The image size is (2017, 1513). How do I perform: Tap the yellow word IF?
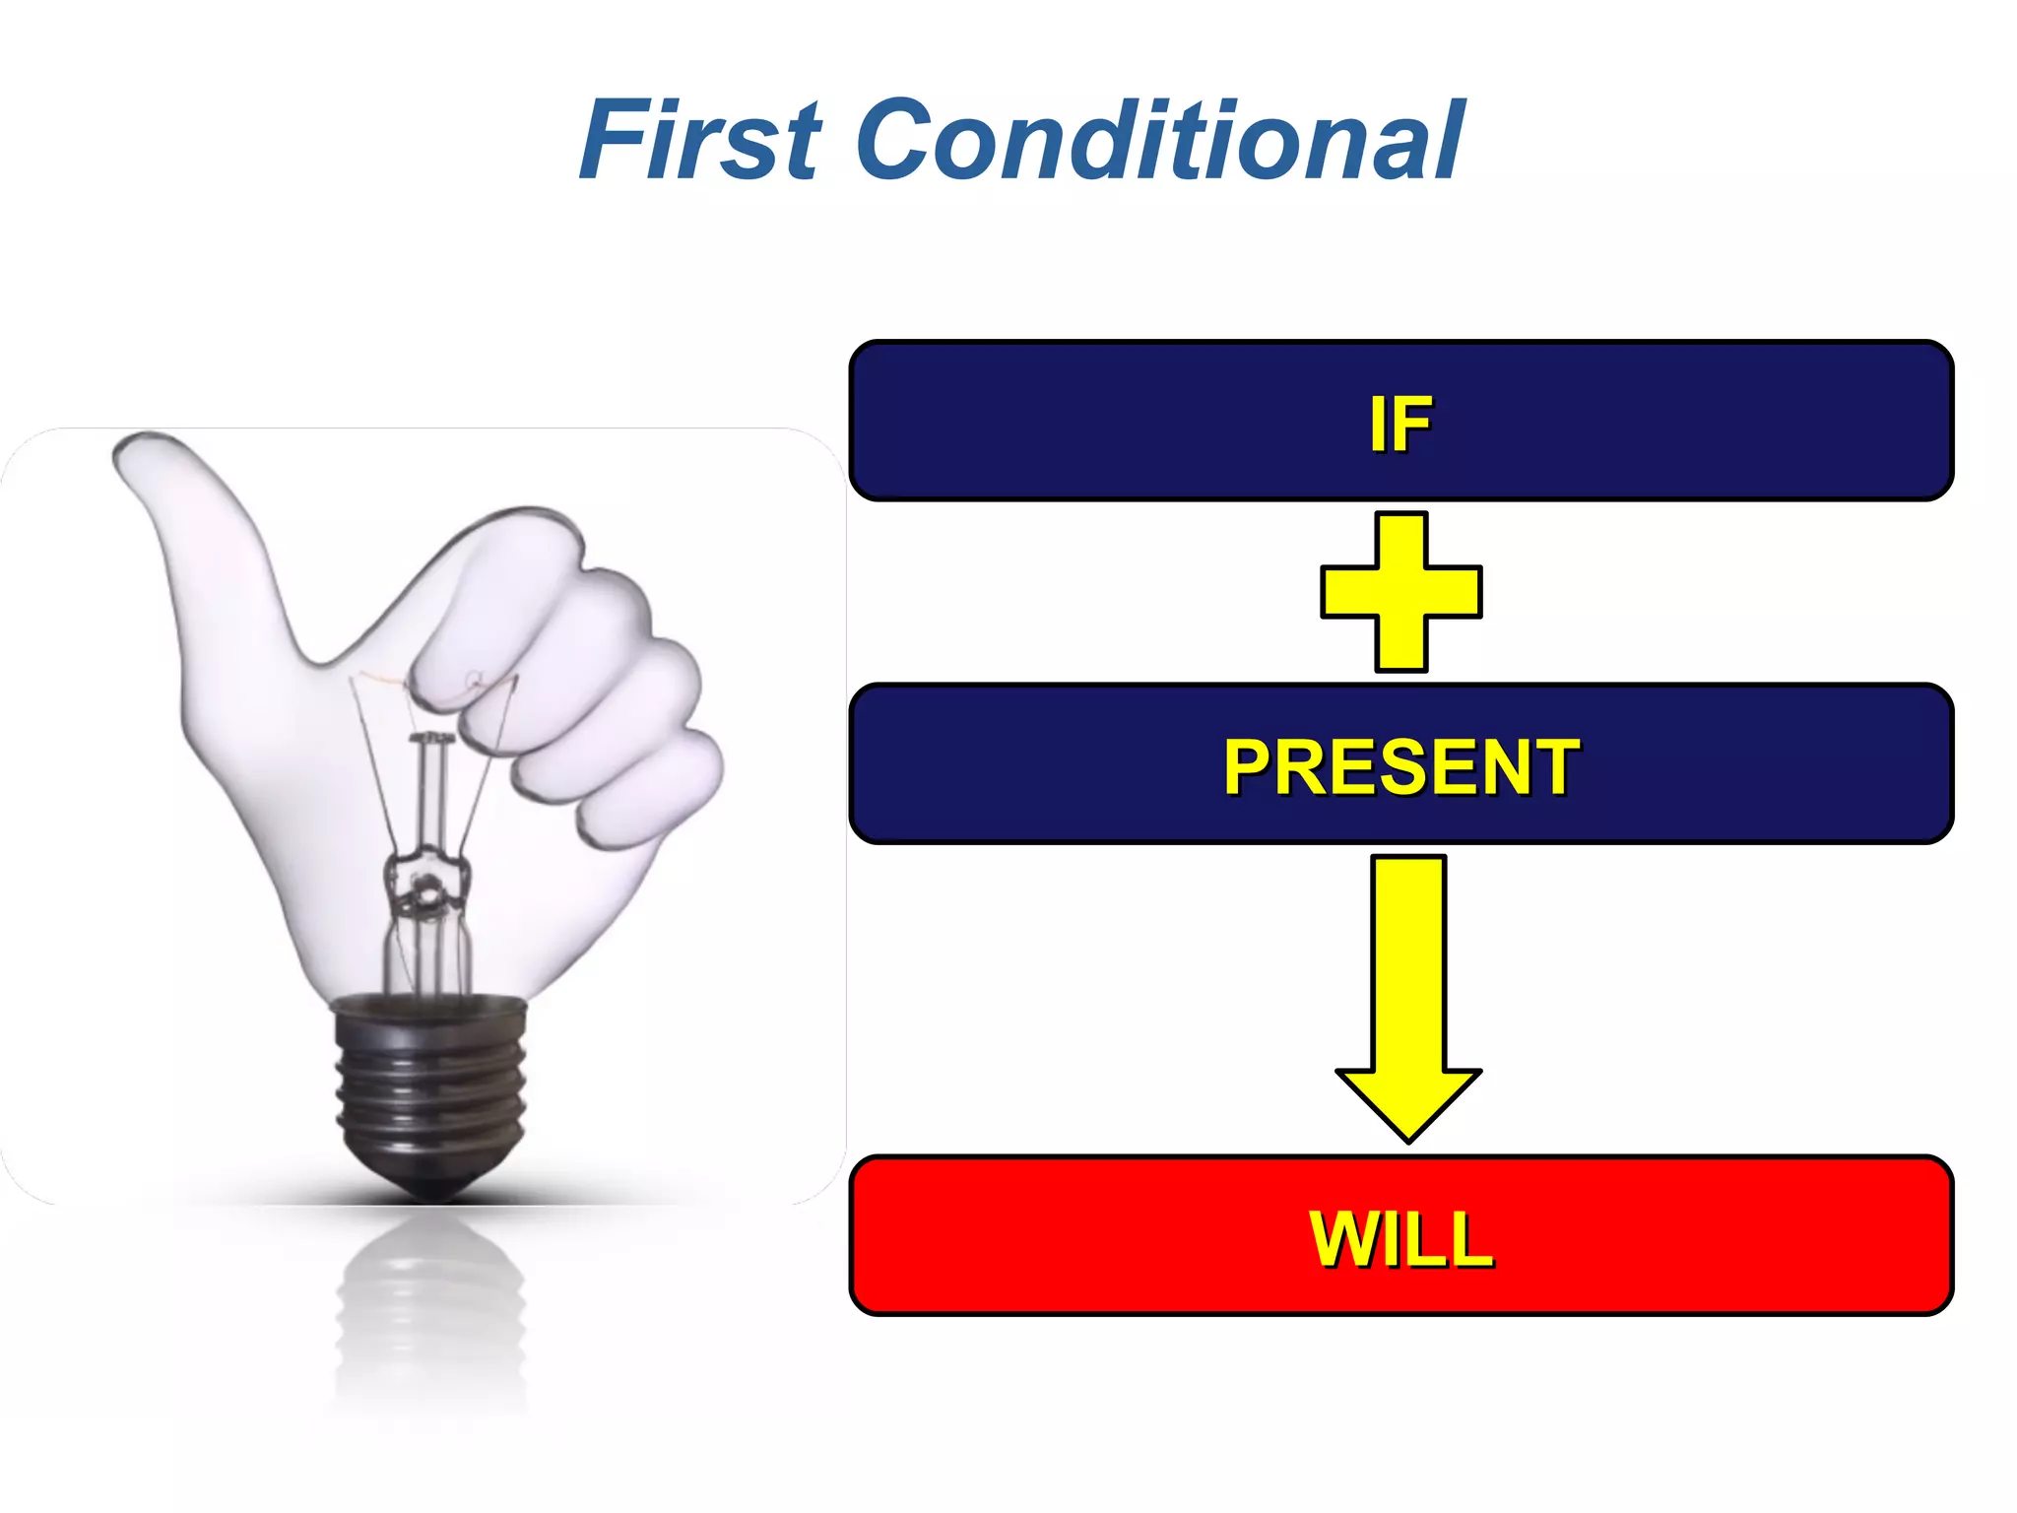(x=1400, y=425)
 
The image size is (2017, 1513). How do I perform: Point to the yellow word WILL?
(x=1400, y=1238)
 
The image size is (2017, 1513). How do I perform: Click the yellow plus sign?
(x=1400, y=592)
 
